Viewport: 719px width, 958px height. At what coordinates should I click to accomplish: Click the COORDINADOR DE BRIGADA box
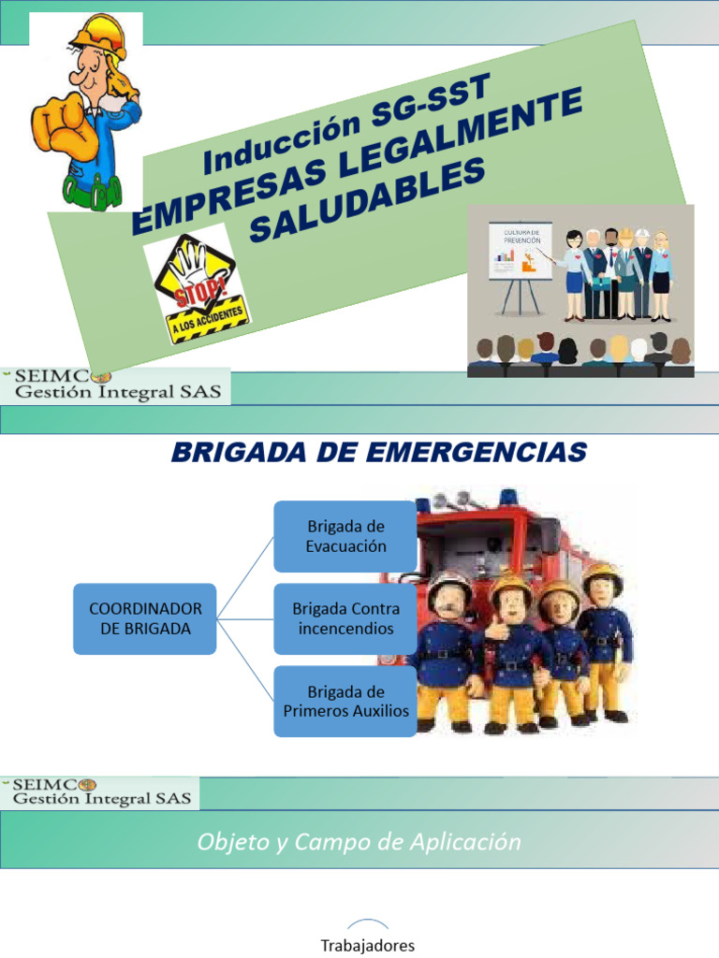(x=145, y=618)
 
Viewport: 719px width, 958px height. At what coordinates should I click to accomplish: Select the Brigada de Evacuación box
(x=345, y=536)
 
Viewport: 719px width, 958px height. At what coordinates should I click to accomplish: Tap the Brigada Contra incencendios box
(x=345, y=618)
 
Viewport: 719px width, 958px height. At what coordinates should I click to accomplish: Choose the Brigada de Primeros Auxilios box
(x=345, y=701)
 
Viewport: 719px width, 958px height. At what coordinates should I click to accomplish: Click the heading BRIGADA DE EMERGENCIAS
(x=378, y=454)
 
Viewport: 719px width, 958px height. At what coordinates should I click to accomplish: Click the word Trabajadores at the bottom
(x=368, y=945)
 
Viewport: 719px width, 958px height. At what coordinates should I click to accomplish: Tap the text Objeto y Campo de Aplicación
(x=359, y=842)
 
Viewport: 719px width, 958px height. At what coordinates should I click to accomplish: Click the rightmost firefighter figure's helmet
(x=602, y=577)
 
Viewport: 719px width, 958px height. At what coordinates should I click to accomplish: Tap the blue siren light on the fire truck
(x=509, y=496)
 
